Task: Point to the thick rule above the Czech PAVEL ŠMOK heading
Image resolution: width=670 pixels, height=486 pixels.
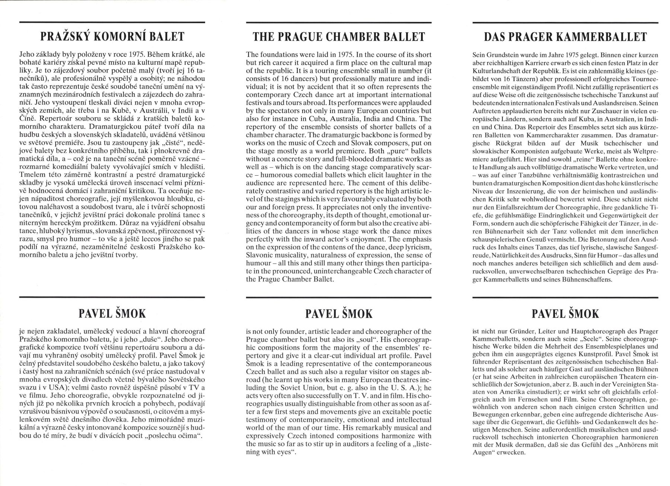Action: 112,297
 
